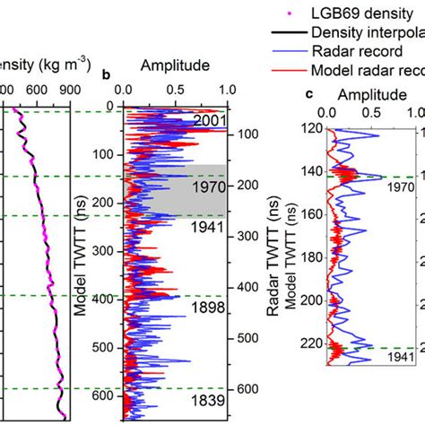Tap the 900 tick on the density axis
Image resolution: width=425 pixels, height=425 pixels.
pyautogui.click(x=79, y=90)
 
